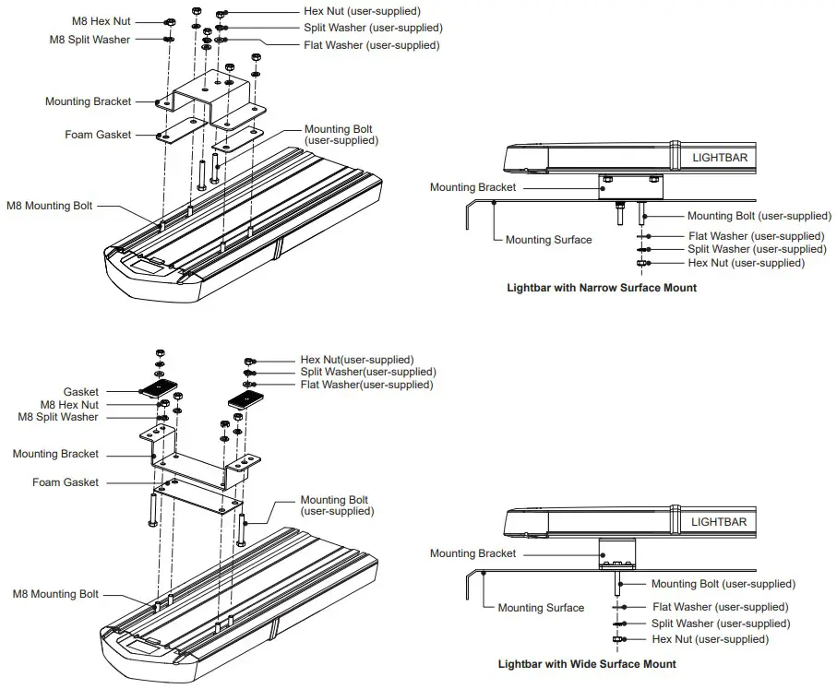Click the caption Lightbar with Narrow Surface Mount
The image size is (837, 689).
pos(602,288)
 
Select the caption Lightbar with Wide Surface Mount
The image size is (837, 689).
pos(587,664)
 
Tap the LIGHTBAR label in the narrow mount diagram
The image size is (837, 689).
pos(720,158)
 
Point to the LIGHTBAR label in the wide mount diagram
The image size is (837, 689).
pos(719,522)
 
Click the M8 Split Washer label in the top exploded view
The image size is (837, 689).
pos(90,40)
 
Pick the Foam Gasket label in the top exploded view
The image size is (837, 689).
pos(98,135)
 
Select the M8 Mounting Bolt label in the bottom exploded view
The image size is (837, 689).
pos(55,594)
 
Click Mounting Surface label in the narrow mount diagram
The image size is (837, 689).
pos(548,240)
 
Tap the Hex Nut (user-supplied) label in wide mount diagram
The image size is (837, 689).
pos(710,639)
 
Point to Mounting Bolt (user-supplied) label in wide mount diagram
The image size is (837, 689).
pos(723,584)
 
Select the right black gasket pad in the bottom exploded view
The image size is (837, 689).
pos(246,398)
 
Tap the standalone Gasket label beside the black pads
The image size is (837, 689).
pos(81,392)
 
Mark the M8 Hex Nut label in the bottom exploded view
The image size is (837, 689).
pos(69,405)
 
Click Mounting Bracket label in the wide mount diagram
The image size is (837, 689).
pos(473,553)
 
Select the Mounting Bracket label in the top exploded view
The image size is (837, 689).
pos(89,101)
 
